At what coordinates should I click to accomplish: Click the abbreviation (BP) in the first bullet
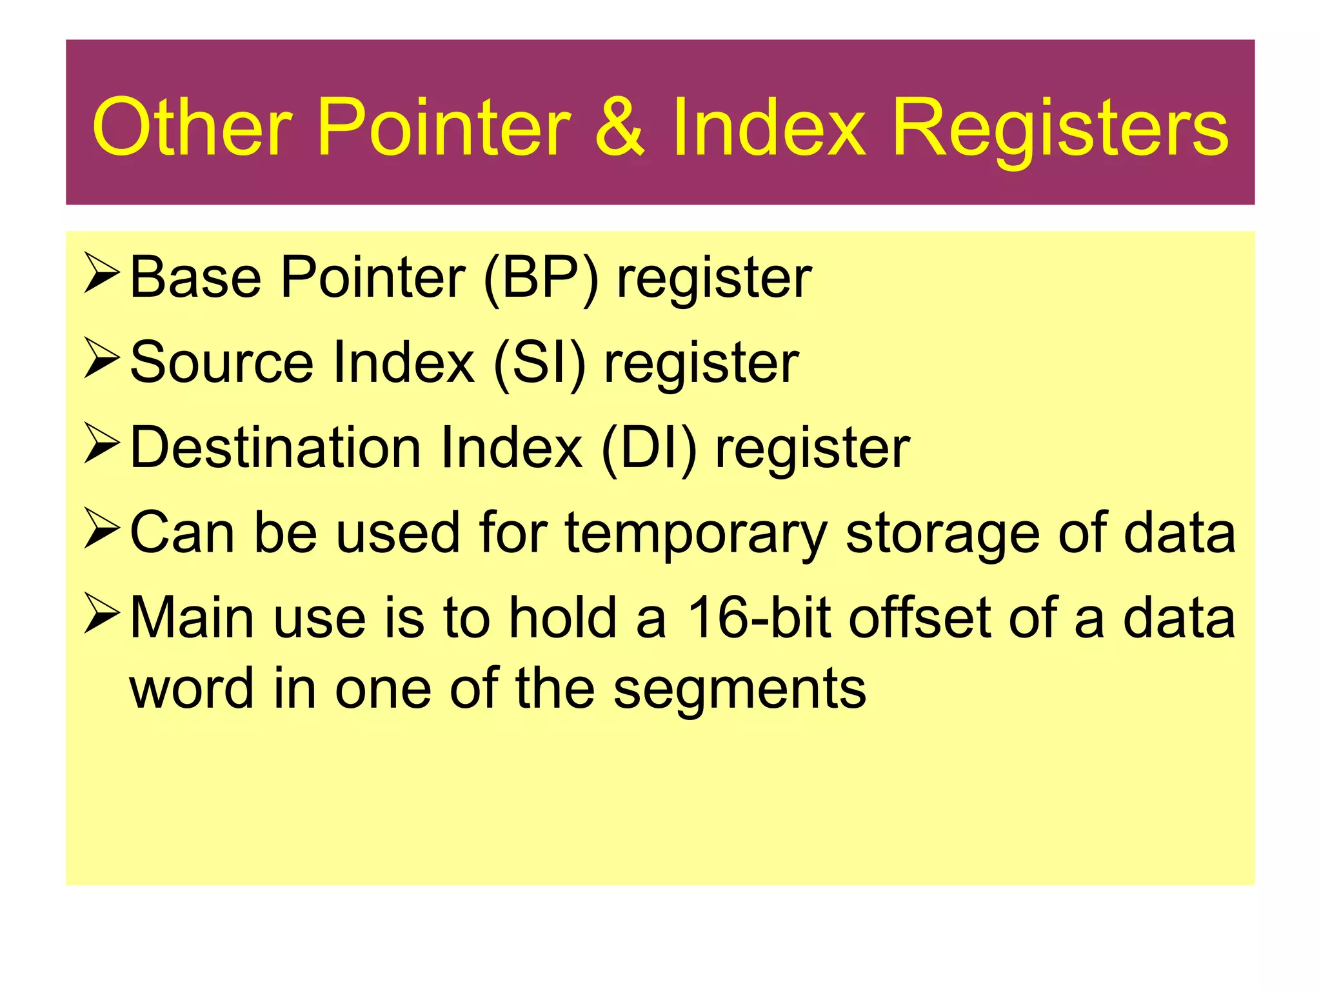(x=541, y=279)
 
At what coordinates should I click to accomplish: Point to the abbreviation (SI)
(x=539, y=364)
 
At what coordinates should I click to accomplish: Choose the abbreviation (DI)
(x=649, y=449)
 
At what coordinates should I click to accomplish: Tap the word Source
(x=221, y=363)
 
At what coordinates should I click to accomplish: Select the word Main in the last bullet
(x=192, y=618)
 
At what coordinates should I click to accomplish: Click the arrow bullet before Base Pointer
(x=101, y=275)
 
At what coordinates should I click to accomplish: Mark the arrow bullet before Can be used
(x=101, y=529)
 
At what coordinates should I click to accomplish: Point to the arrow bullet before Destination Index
(x=101, y=445)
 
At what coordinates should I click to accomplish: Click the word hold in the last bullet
(x=563, y=618)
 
